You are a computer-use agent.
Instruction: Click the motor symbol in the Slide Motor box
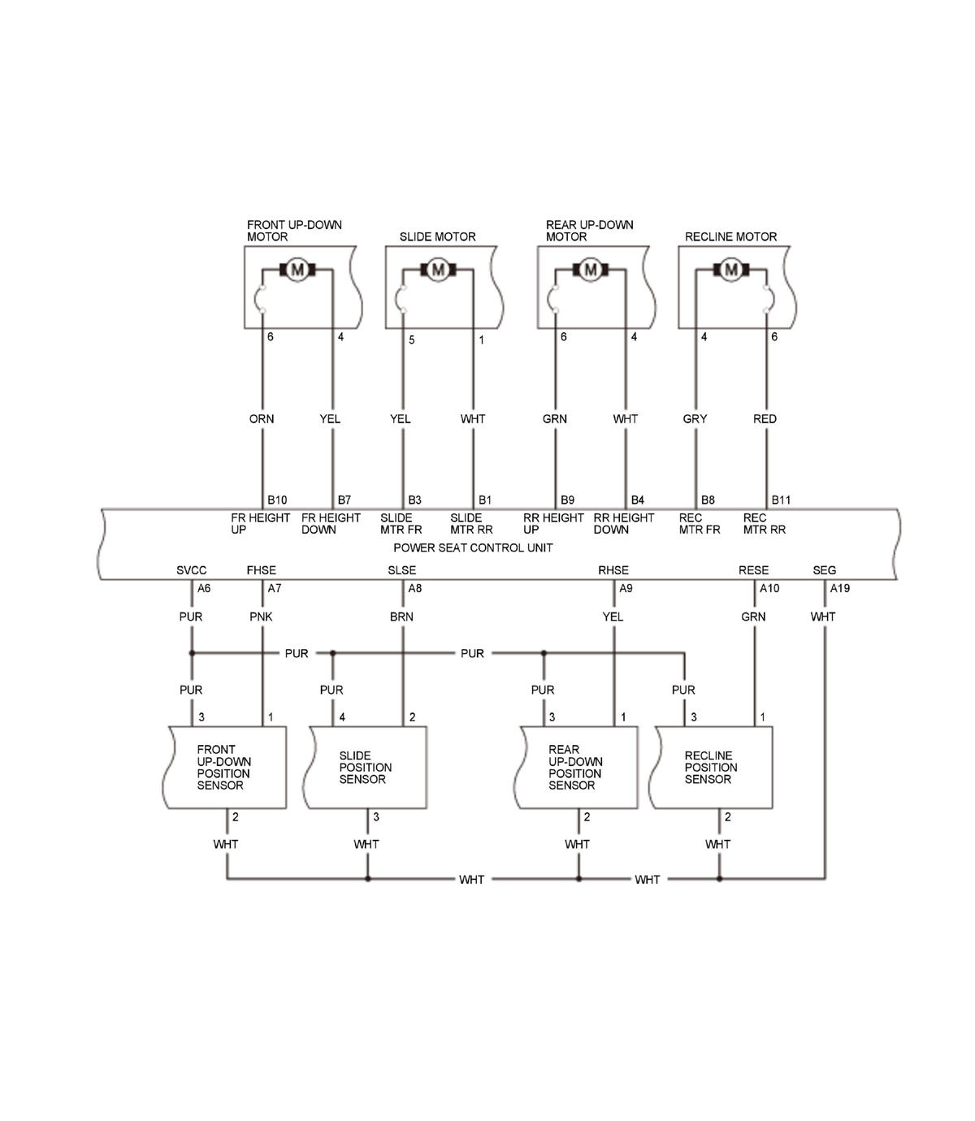438,270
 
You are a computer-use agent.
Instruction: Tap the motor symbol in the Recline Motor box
731,270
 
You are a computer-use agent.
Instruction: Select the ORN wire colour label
262,419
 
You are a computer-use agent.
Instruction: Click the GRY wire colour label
695,419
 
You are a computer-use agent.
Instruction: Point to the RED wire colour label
765,419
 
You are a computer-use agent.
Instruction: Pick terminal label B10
277,500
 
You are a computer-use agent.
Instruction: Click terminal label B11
781,500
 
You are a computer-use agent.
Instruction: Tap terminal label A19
839,588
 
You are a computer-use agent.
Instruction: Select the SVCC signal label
192,570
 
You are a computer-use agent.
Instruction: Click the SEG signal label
824,570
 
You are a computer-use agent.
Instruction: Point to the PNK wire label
261,617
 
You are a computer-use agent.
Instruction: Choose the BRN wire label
401,617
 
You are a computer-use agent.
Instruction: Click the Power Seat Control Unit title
473,548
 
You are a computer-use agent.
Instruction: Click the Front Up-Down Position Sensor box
226,768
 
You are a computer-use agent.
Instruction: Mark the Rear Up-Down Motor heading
589,231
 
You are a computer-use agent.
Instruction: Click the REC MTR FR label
699,524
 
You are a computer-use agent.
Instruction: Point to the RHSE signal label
613,570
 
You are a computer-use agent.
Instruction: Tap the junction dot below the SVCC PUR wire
192,653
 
